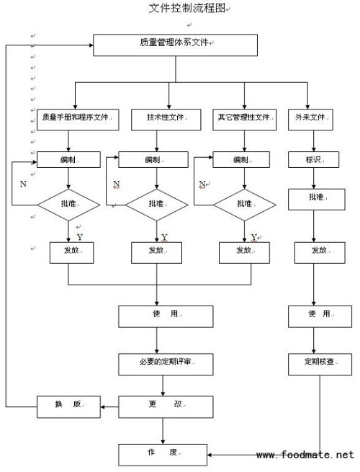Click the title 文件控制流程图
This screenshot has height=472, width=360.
[x=187, y=8]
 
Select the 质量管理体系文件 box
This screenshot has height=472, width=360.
[x=176, y=45]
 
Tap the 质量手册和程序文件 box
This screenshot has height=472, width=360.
[x=78, y=120]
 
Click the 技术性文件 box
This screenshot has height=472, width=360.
[x=166, y=120]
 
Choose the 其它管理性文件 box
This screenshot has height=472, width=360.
[x=245, y=120]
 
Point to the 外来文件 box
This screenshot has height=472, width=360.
[x=310, y=120]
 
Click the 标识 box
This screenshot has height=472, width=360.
[x=313, y=159]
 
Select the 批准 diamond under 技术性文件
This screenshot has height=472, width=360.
[x=157, y=205]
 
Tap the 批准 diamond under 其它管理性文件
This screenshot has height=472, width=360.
[x=245, y=205]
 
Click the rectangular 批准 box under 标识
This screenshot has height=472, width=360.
[x=316, y=200]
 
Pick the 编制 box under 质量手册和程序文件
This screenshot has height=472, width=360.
[x=68, y=159]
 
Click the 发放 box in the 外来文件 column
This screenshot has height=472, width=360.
[x=320, y=252]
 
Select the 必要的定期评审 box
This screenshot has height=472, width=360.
[x=166, y=364]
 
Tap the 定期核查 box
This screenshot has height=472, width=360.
[x=320, y=364]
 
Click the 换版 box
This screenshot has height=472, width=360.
[x=68, y=407]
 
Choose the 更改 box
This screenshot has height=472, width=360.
[x=166, y=407]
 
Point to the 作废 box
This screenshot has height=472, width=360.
[x=163, y=455]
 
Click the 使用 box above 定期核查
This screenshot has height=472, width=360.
[x=320, y=316]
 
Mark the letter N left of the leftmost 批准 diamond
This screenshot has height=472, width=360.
[x=23, y=184]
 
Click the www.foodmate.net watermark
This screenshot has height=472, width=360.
[x=305, y=455]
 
